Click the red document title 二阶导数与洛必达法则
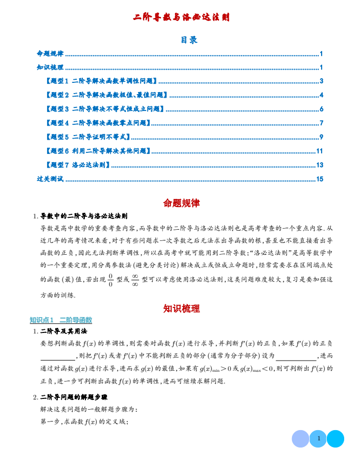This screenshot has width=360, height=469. [181, 17]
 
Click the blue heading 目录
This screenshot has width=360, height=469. [189, 40]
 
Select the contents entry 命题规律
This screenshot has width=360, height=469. [50, 54]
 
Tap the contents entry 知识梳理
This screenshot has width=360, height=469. [50, 68]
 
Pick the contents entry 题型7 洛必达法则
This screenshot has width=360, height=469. [78, 165]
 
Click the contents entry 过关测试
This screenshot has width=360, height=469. [50, 179]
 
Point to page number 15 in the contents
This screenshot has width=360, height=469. [320, 179]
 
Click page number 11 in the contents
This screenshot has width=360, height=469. [320, 151]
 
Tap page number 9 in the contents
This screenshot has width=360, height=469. [321, 137]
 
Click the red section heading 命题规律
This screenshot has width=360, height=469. [182, 203]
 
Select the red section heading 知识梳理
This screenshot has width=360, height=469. [182, 308]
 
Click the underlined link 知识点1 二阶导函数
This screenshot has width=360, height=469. [61, 320]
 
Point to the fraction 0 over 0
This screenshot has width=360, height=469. [110, 280]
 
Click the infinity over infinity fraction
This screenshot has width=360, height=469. [135, 280]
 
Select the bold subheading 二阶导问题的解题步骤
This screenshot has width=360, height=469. [74, 397]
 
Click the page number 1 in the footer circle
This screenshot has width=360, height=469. [318, 438]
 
